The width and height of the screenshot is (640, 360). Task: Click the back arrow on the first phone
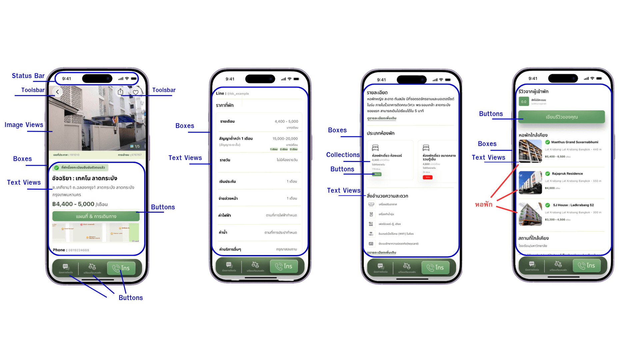57,92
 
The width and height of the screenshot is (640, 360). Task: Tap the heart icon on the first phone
136,92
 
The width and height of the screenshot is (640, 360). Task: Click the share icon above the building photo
121,92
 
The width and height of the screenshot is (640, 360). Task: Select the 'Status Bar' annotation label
28,76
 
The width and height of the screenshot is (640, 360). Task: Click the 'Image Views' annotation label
24,125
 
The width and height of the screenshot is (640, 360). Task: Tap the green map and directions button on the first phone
96,216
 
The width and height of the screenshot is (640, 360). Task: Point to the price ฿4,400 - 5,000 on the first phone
73,204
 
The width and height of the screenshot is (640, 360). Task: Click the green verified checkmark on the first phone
57,168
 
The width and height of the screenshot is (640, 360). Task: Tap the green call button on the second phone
284,266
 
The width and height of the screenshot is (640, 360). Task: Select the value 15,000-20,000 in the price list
285,139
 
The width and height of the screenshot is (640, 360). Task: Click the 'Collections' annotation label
343,155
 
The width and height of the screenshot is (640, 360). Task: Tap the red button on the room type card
428,177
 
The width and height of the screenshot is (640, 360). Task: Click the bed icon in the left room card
375,148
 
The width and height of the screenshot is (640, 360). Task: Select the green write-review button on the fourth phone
561,117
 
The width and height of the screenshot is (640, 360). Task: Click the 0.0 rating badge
524,102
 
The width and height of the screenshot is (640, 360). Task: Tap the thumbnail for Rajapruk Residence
530,182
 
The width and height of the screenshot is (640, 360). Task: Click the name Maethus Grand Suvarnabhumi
575,142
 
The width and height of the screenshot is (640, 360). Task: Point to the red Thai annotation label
484,204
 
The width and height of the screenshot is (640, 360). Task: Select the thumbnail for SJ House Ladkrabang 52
530,214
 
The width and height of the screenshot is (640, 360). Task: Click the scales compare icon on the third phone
407,266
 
